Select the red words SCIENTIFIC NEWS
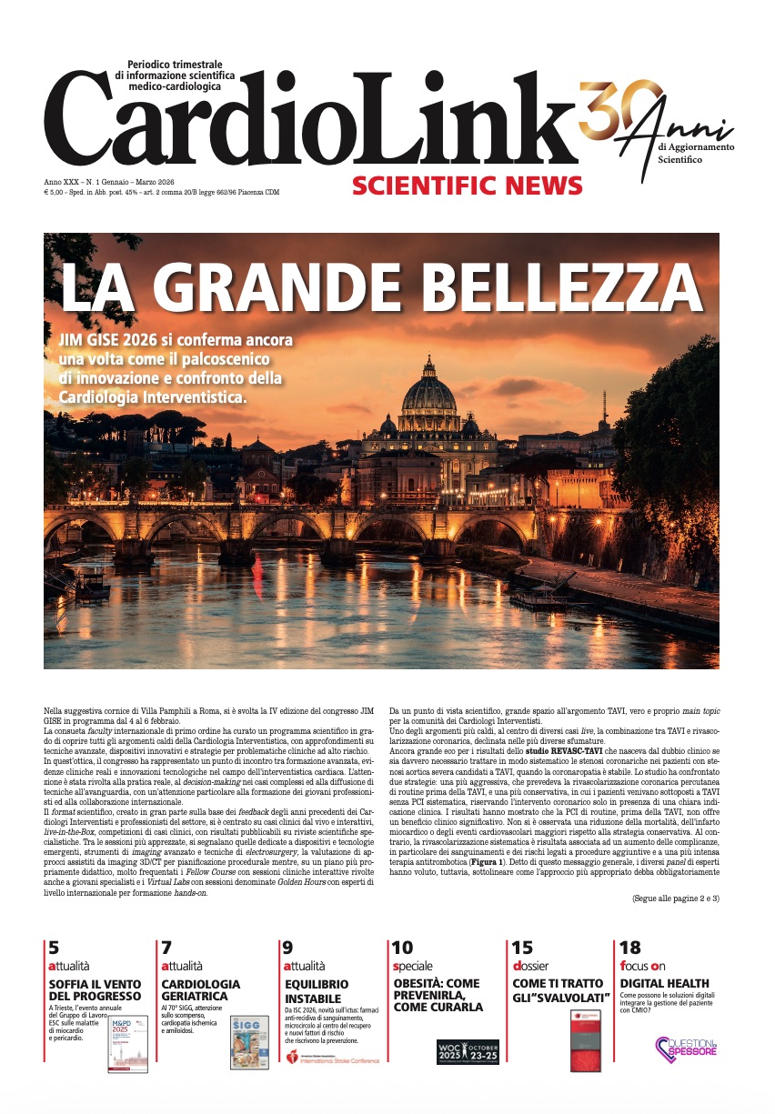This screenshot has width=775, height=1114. [x=467, y=186]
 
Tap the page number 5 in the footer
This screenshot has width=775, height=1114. [x=54, y=948]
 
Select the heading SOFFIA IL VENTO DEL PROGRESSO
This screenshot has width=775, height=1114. [x=95, y=989]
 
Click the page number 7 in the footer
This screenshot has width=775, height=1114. [x=166, y=948]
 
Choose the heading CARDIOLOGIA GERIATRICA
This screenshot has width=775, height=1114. [x=201, y=989]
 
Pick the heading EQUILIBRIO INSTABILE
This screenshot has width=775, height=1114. [x=317, y=989]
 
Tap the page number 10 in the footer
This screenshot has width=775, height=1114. [x=401, y=948]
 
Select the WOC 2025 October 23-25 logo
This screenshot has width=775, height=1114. [x=468, y=1052]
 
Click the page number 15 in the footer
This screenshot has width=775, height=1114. [x=522, y=948]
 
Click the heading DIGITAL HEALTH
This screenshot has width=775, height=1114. [x=664, y=983]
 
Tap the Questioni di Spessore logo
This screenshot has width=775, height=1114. [x=686, y=1048]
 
